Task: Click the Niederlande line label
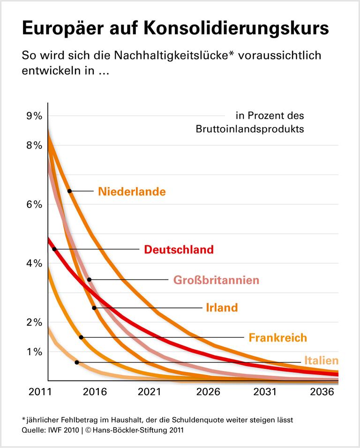click(132, 191)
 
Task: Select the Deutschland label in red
click(179, 250)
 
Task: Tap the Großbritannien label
click(216, 280)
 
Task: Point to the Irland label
click(222, 308)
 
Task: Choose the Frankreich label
click(277, 337)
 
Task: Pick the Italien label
click(321, 361)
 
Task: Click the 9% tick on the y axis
click(34, 116)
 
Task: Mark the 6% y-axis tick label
click(34, 204)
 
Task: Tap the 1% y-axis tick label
click(34, 351)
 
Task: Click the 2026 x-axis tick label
click(207, 392)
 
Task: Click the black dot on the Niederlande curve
click(69, 191)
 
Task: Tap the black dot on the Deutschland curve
click(54, 249)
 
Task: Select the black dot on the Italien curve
click(76, 362)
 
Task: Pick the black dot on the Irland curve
click(94, 308)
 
